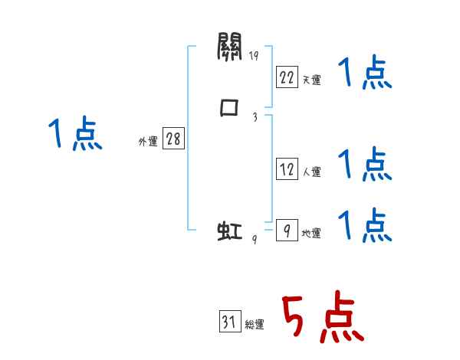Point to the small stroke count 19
tap(254, 56)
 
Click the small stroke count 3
tap(254, 116)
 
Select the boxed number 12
tap(286, 169)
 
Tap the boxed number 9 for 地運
tap(286, 230)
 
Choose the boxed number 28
tap(172, 139)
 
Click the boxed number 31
tap(228, 322)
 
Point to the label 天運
tap(311, 79)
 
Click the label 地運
tap(311, 233)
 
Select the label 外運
tap(147, 142)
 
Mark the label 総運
tap(254, 325)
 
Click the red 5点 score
tap(323, 318)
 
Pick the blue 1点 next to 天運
tap(365, 74)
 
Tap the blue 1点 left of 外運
tap(75, 136)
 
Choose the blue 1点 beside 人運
tap(365, 163)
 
